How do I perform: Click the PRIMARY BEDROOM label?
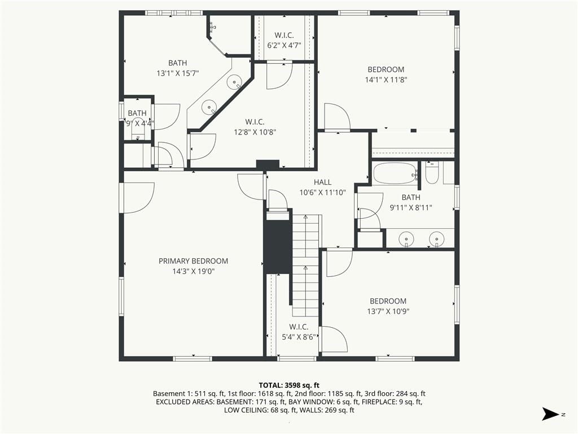pos(193,261)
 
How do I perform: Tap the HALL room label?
pos(322,182)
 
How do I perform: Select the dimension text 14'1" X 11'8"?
pos(386,80)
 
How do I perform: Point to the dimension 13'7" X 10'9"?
pos(388,311)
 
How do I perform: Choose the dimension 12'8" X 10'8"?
pos(255,132)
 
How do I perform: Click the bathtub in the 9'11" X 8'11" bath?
pos(395,174)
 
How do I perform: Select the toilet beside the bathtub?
pos(432,173)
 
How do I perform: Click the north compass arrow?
pos(551,414)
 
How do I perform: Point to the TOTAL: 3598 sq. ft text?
pos(289,385)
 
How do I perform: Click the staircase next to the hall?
pos(305,264)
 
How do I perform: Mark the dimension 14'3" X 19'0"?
pos(194,271)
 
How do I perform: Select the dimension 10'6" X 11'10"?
pos(322,192)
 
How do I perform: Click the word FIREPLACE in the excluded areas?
pos(380,402)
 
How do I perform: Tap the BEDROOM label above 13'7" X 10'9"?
pos(388,301)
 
